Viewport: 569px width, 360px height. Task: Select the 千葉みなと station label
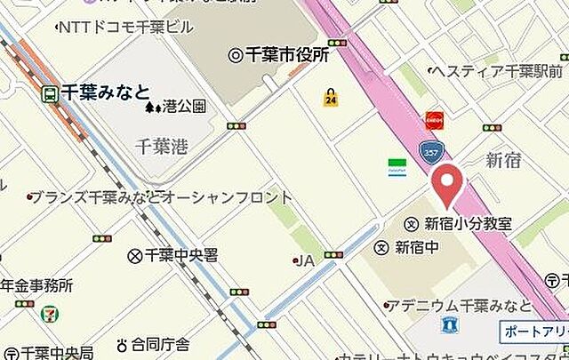point(105,90)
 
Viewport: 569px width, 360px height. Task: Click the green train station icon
point(52,92)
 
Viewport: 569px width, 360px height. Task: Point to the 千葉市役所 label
point(286,55)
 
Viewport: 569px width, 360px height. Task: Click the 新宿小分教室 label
point(467,224)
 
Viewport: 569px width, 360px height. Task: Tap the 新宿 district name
point(503,160)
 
